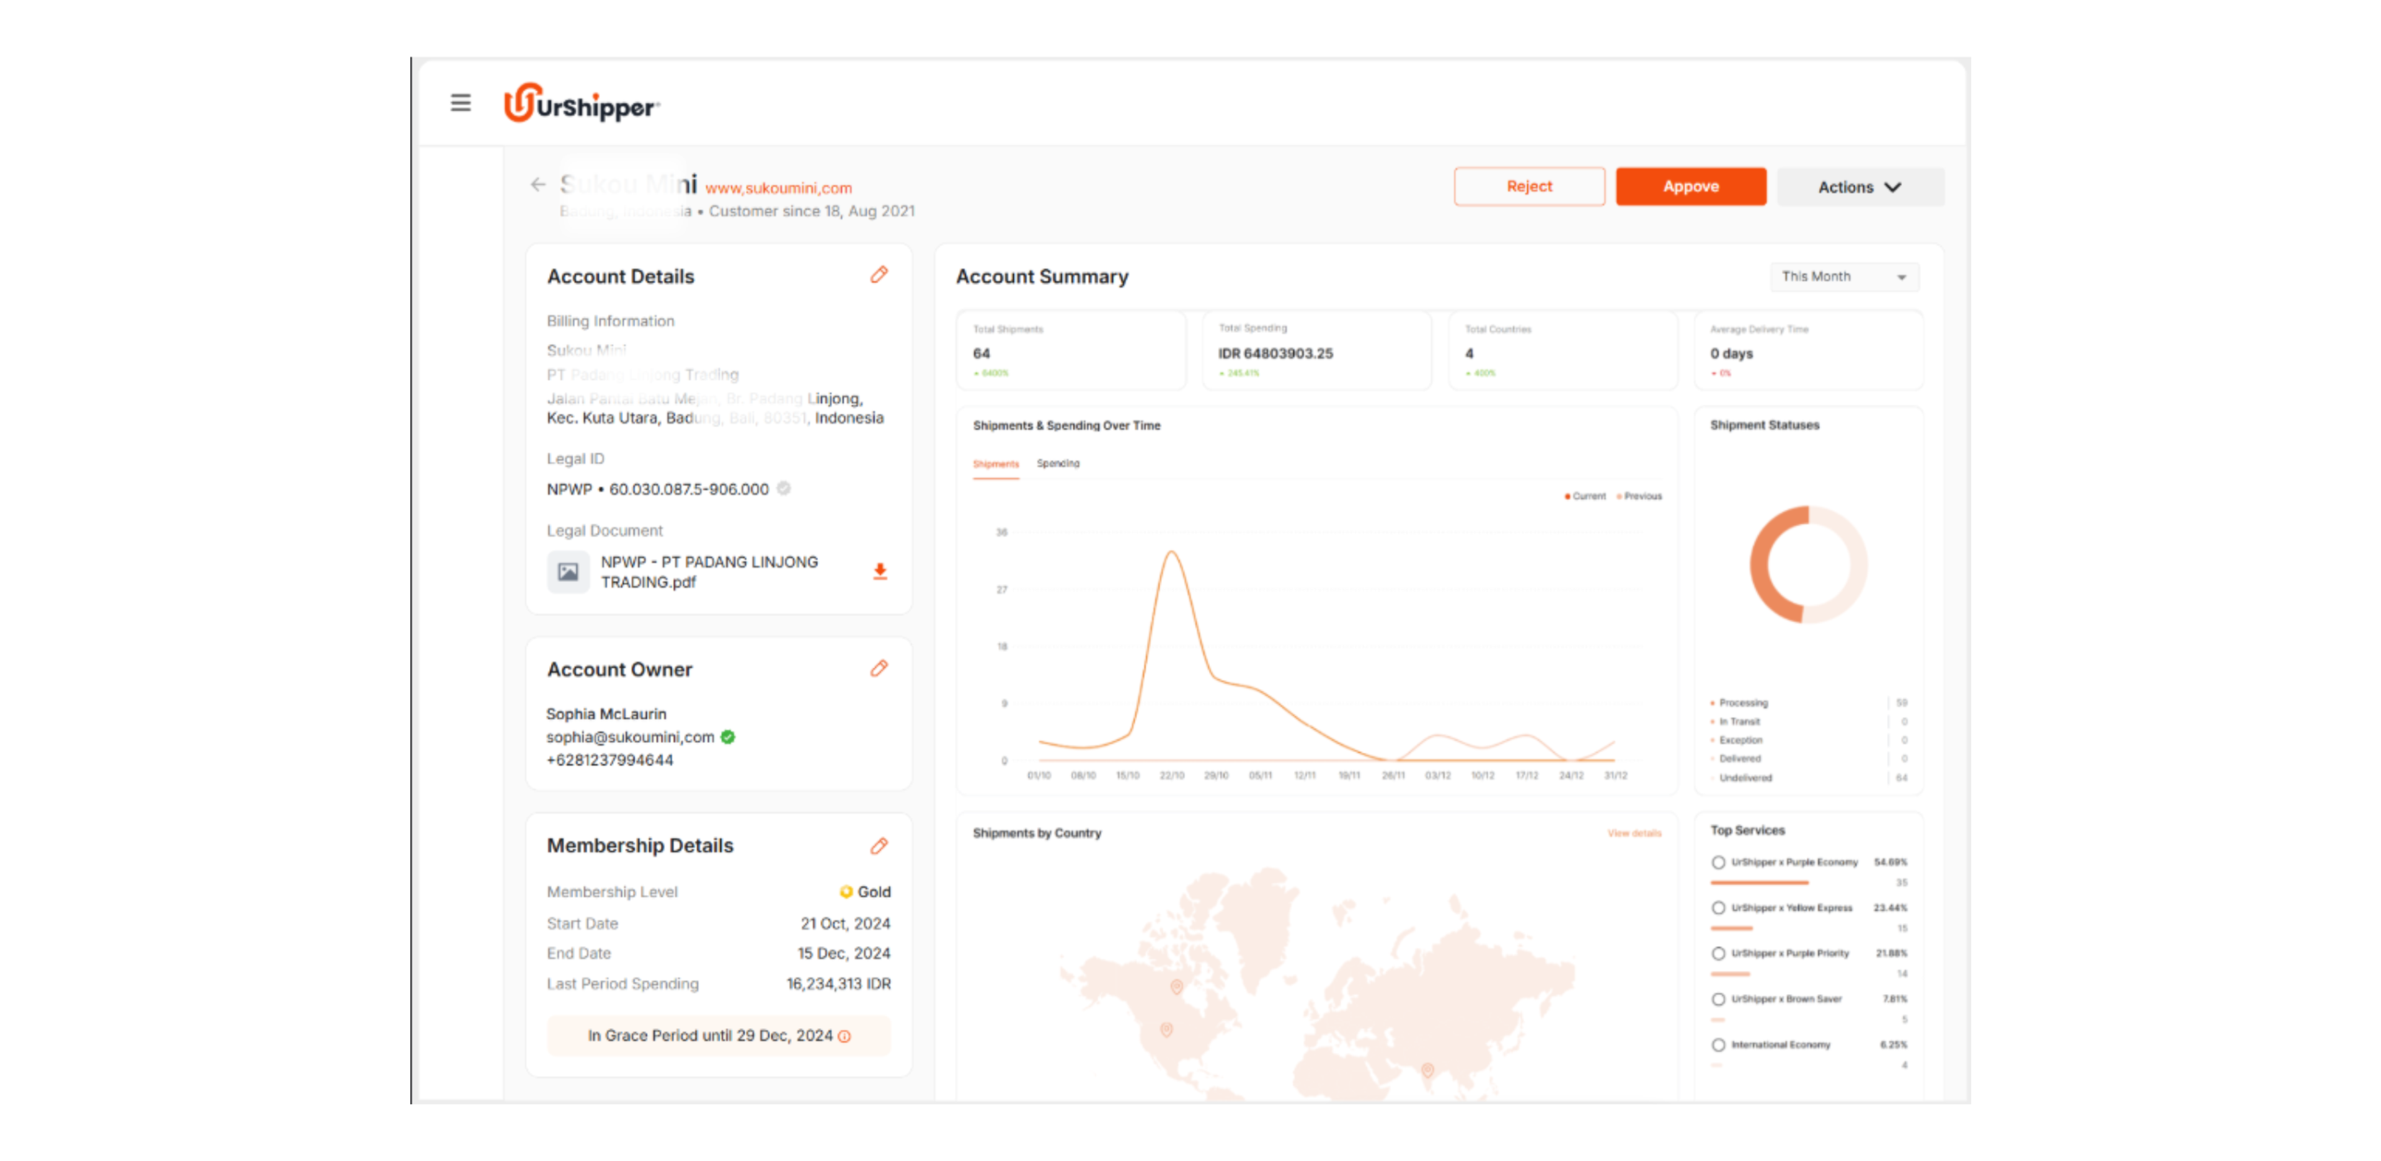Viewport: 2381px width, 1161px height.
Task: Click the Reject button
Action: point(1529,187)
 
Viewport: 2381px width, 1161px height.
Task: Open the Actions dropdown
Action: point(1859,187)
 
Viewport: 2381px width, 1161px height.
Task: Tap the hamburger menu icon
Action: point(460,102)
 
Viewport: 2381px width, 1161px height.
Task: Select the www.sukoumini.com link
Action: point(778,189)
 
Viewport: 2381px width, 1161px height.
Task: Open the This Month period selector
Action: point(1843,277)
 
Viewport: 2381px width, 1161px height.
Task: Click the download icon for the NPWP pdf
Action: point(880,571)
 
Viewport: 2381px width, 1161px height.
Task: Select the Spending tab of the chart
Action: point(1057,463)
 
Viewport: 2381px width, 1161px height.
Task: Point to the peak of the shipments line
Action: point(1171,552)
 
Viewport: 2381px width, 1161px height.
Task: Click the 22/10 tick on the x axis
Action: point(1171,775)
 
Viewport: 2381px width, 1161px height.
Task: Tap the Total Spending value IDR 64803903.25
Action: point(1275,353)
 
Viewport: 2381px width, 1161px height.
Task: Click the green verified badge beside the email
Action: point(729,737)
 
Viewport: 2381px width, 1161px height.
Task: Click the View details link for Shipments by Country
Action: point(1633,833)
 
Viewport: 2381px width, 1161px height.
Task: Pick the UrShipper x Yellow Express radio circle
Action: point(1718,908)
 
